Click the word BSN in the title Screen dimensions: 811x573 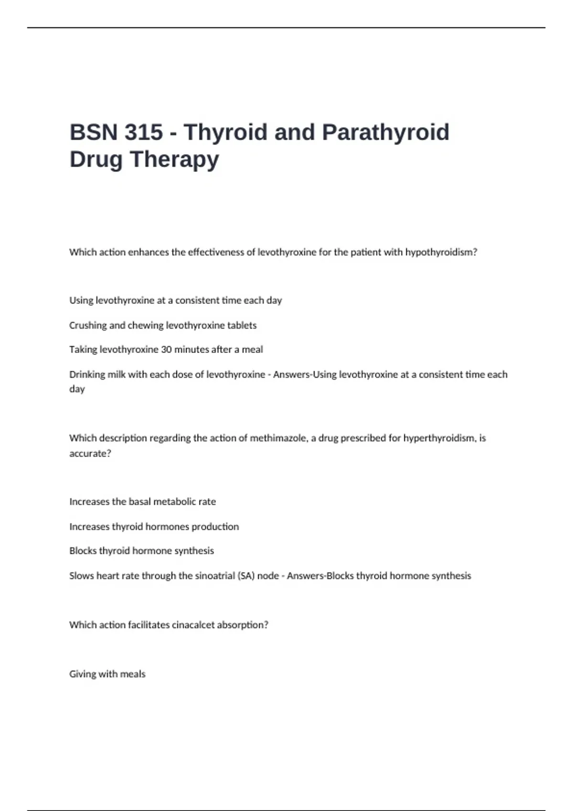pyautogui.click(x=93, y=132)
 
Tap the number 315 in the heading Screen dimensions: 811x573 pyautogui.click(x=144, y=132)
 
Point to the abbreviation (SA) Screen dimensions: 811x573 pyautogui.click(x=246, y=576)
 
